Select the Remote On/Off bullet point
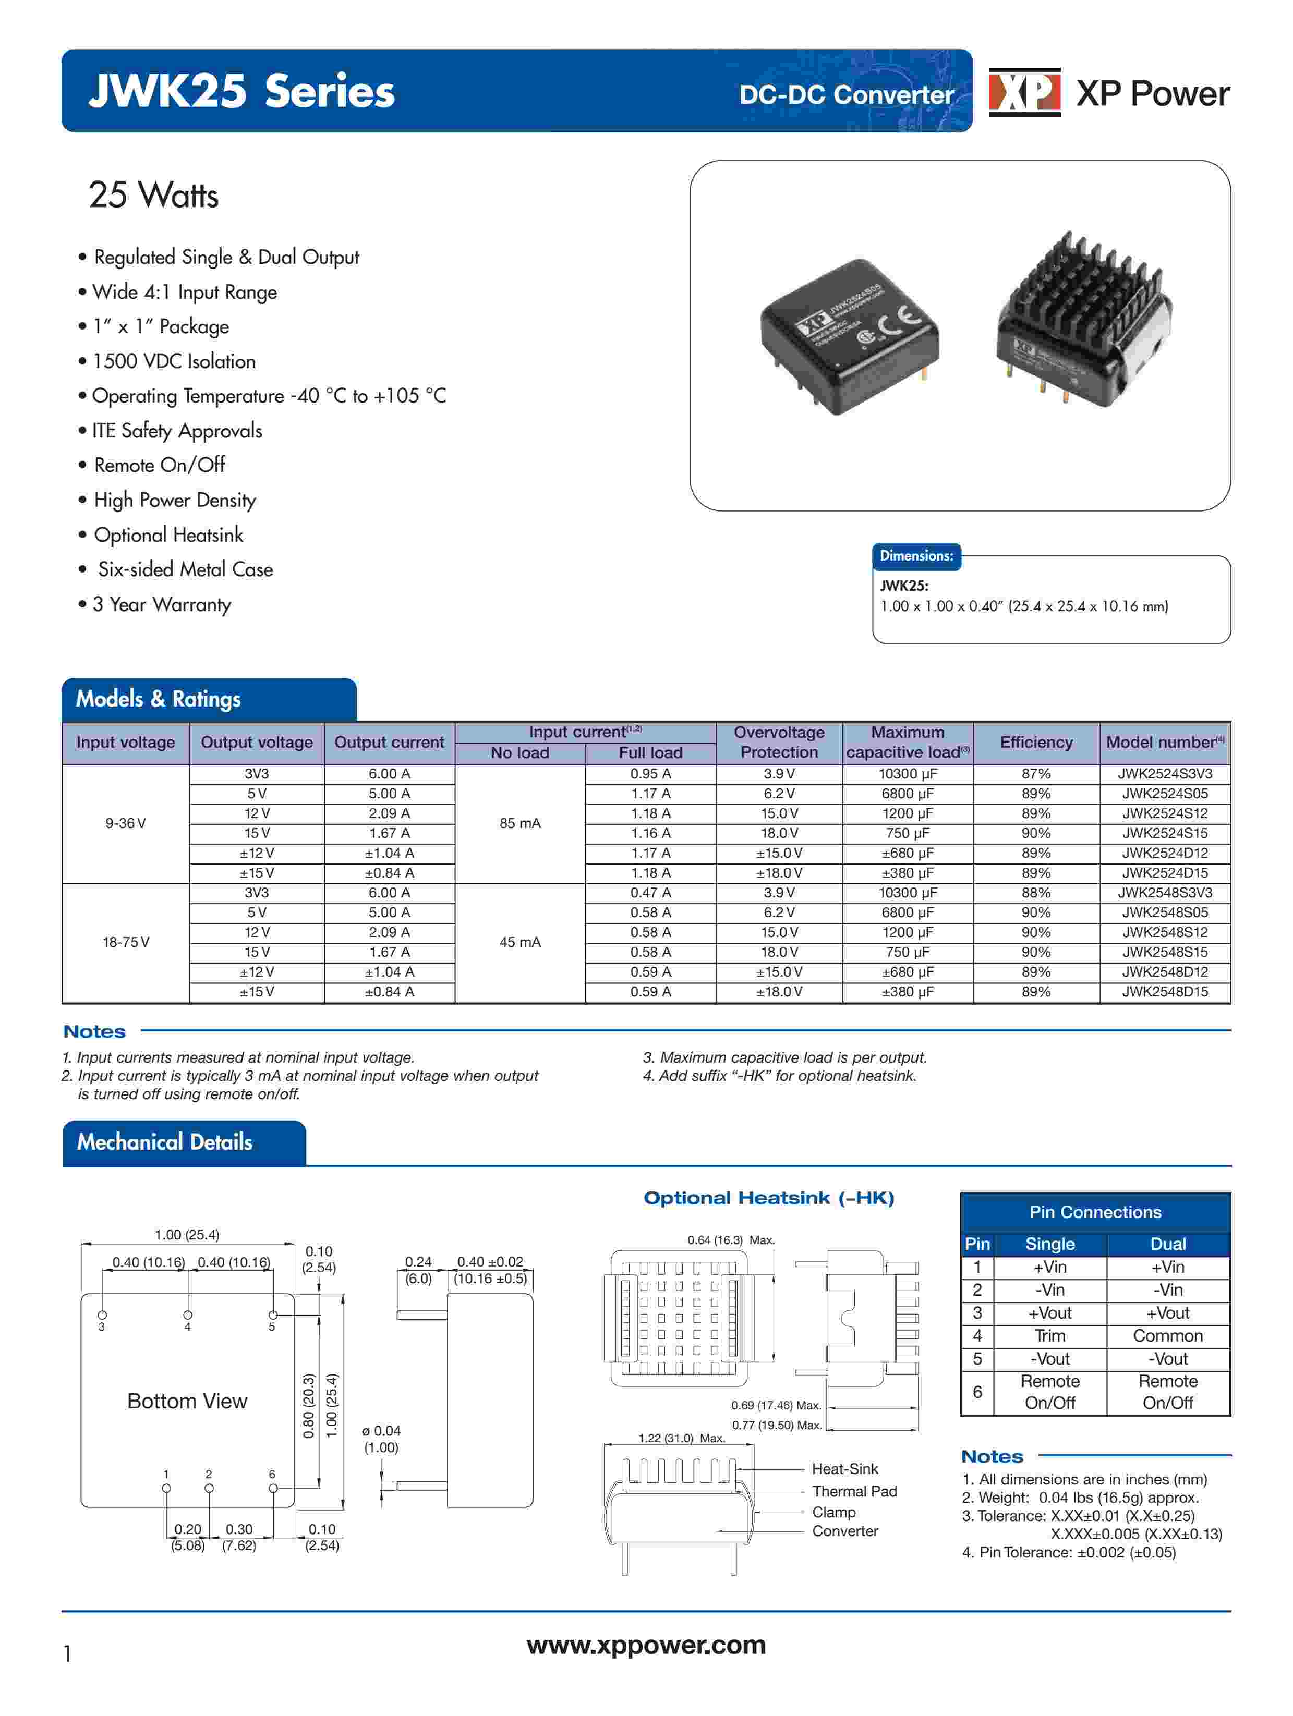click(159, 465)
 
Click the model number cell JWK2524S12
click(1164, 813)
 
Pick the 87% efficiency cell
click(1035, 773)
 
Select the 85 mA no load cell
click(519, 823)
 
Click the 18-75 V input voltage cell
click(126, 942)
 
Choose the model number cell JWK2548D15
click(1164, 991)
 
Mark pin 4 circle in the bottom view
click(187, 1315)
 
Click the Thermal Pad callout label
click(854, 1491)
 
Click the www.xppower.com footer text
click(646, 1644)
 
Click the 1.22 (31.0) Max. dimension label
click(681, 1438)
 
